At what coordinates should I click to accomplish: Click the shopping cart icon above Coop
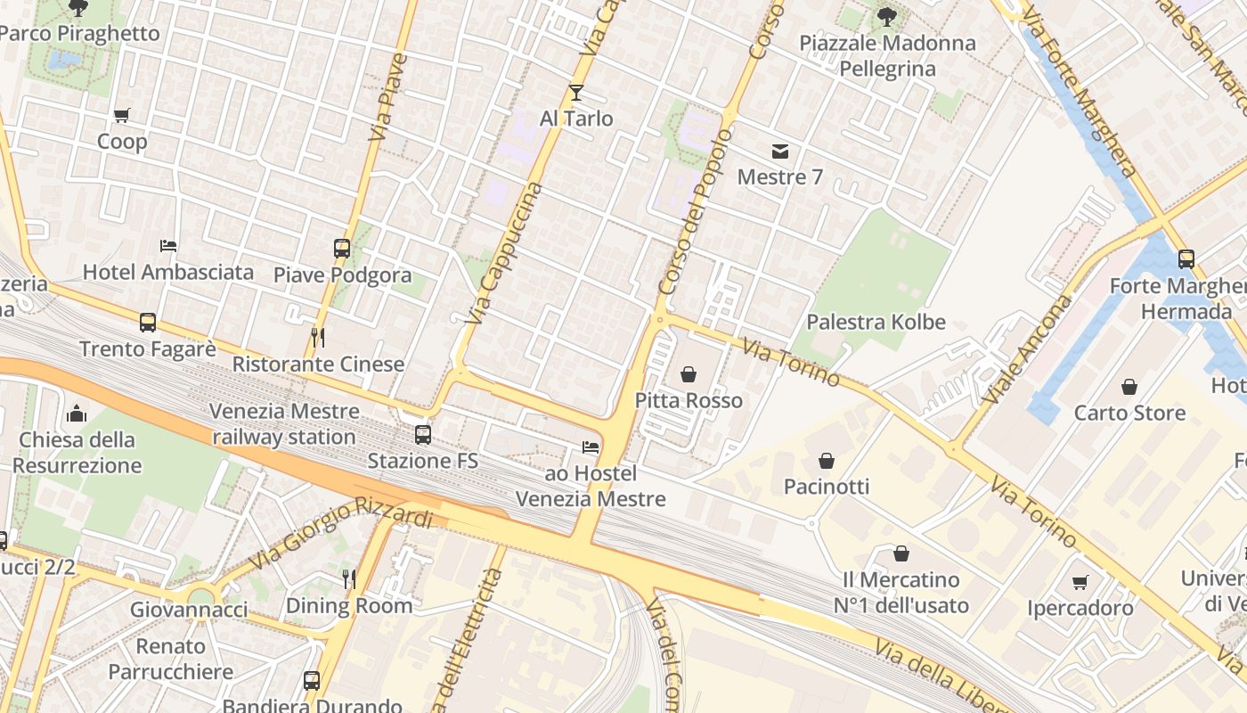coord(122,115)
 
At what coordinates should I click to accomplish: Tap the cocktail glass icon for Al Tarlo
coord(576,92)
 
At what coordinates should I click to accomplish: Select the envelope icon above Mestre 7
coord(780,151)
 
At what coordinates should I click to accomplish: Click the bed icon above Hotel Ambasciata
coord(168,245)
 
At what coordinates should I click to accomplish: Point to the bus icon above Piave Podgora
coord(342,249)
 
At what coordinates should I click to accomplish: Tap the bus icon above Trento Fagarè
coord(148,322)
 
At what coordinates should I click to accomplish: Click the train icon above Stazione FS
coord(423,435)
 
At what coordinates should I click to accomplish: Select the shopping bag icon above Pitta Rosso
coord(689,374)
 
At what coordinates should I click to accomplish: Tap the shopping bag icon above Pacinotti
coord(827,461)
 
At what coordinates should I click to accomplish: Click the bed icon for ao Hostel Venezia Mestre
coord(590,447)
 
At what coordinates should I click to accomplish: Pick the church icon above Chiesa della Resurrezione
coord(77,414)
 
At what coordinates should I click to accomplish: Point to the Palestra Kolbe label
coord(876,322)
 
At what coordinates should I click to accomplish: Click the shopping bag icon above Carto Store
coord(1129,387)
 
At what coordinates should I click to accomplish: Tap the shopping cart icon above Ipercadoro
coord(1080,582)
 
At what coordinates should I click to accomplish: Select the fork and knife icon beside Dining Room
coord(349,579)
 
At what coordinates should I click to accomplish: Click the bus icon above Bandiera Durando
coord(312,681)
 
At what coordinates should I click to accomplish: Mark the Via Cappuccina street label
coord(505,253)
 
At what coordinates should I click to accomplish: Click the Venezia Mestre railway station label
coord(285,424)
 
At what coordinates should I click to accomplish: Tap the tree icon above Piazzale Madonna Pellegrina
coord(886,16)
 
